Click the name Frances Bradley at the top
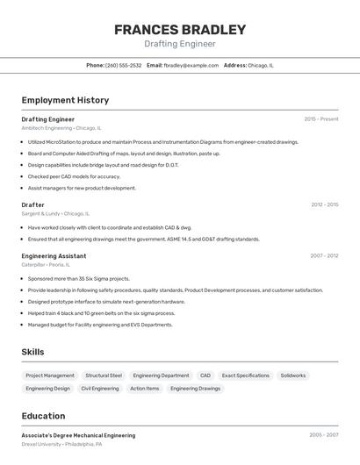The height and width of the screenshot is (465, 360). click(x=180, y=29)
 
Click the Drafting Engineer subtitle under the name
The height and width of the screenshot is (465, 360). click(x=180, y=44)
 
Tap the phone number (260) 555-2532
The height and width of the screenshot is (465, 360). click(x=123, y=65)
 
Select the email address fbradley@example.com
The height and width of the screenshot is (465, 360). click(x=191, y=65)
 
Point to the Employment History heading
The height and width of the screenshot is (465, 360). click(x=65, y=100)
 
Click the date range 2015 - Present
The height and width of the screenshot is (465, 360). click(x=321, y=118)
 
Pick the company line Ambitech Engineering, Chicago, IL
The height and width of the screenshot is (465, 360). click(x=61, y=127)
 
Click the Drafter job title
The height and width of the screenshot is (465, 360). click(x=32, y=204)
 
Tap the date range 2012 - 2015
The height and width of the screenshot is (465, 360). click(x=324, y=204)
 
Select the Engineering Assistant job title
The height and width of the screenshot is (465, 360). click(x=54, y=255)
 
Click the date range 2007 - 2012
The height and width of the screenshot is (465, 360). click(x=324, y=255)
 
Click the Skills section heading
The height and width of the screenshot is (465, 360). click(x=32, y=352)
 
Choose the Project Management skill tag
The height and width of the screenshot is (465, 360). click(x=50, y=376)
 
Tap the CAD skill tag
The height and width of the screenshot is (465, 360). click(x=205, y=376)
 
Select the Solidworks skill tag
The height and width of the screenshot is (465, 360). click(x=293, y=376)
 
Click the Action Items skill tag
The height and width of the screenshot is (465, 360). click(x=145, y=388)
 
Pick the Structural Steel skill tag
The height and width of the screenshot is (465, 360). click(x=104, y=376)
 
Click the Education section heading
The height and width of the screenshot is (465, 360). click(x=43, y=416)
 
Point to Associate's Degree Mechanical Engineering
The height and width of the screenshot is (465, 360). click(x=78, y=435)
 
